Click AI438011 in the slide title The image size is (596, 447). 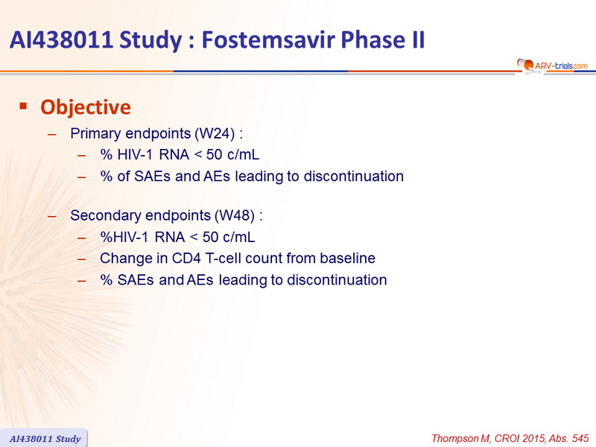click(x=61, y=39)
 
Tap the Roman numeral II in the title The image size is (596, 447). click(x=417, y=39)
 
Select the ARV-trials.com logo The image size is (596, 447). click(x=552, y=66)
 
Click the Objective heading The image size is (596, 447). click(x=86, y=107)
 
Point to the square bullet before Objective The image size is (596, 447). click(x=24, y=106)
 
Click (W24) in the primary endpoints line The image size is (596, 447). click(x=215, y=133)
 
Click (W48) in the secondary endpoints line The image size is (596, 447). click(x=235, y=215)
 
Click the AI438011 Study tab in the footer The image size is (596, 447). click(x=45, y=438)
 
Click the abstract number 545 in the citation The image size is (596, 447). click(x=580, y=438)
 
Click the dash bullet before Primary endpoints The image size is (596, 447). click(x=52, y=134)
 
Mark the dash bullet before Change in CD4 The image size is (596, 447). click(x=82, y=259)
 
